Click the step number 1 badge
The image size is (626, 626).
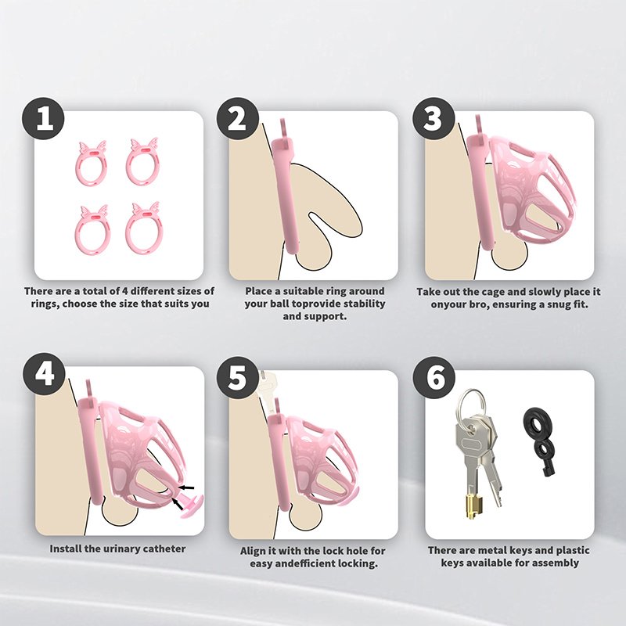(43, 119)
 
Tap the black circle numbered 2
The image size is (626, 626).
(238, 119)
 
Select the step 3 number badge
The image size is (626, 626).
(434, 119)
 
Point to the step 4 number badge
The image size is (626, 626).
(45, 374)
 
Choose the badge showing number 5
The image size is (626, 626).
(238, 377)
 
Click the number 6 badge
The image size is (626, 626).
(434, 377)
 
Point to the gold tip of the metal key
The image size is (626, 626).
(473, 507)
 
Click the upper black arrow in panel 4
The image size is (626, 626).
(186, 487)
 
